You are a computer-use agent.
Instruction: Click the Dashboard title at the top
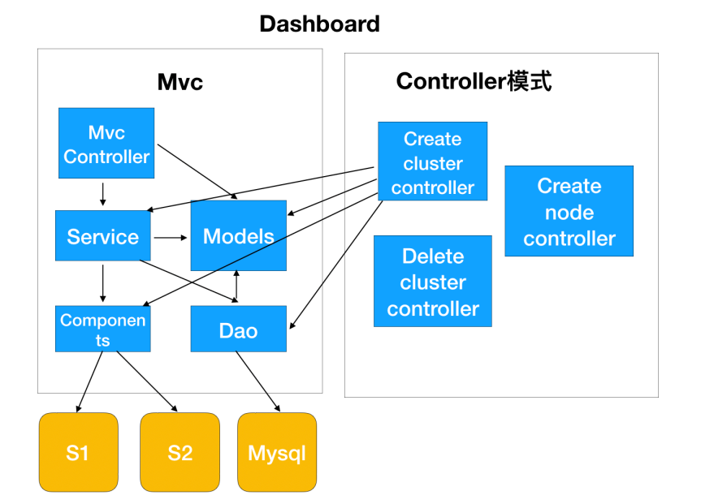pos(319,24)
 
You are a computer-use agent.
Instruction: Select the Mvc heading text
pos(180,82)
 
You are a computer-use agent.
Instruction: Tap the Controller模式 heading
pos(474,82)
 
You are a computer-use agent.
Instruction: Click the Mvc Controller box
pos(106,144)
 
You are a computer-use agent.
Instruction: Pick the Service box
pos(102,236)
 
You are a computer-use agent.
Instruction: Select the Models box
pos(238,235)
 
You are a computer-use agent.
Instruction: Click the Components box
pos(102,329)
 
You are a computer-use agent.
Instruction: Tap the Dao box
pos(238,330)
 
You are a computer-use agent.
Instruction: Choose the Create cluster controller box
pos(432,162)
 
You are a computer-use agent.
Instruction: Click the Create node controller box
pos(569,211)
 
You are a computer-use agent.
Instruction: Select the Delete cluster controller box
pos(432,282)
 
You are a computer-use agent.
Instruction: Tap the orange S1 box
pos(78,452)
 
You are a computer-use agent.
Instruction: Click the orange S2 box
pos(180,452)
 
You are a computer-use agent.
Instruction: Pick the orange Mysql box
pos(276,452)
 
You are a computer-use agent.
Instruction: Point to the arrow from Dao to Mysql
pos(258,381)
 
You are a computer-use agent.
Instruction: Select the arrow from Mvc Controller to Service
pos(103,193)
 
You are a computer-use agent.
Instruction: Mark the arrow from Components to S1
pos(89,381)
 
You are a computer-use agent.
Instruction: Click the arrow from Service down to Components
pos(103,282)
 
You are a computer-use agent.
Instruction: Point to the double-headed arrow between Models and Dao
pos(236,287)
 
